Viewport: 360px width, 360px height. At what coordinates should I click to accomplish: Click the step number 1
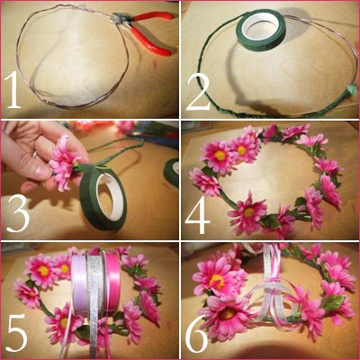click(13, 90)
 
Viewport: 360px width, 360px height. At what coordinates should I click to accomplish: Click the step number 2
click(198, 91)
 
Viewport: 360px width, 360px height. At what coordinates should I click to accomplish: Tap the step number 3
click(18, 213)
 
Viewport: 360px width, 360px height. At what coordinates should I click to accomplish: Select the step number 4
click(198, 215)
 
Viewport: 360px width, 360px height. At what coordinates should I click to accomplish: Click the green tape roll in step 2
click(261, 28)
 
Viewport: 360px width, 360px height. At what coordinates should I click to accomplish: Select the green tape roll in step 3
click(103, 197)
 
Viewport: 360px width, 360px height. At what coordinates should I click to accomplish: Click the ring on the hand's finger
click(35, 155)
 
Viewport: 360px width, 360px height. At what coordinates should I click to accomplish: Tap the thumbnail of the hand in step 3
click(41, 172)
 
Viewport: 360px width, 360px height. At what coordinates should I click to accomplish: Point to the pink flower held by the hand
click(64, 162)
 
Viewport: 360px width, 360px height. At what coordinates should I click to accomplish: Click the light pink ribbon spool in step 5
click(79, 283)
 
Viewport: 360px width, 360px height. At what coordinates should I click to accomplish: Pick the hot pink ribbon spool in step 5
click(112, 282)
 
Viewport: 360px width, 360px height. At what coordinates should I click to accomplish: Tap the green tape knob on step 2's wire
click(351, 90)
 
